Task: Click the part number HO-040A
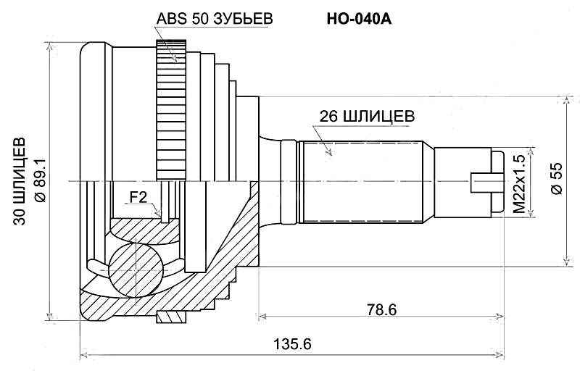point(360,20)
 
